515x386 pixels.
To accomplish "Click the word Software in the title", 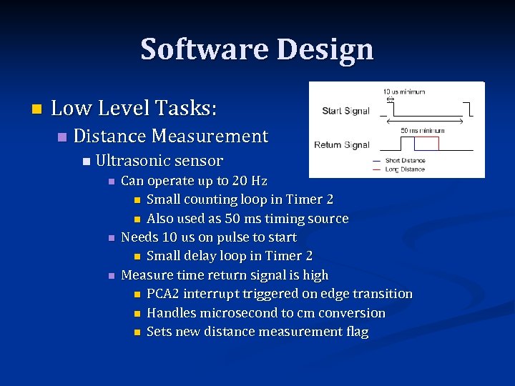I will pyautogui.click(x=204, y=49).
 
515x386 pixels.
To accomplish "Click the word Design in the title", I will pyautogui.click(x=326, y=49).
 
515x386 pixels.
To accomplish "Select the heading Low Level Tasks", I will pyautogui.click(x=134, y=108).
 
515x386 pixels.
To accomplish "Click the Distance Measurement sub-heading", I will pyautogui.click(x=170, y=136).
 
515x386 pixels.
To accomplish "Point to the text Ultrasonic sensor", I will pyautogui.click(x=159, y=161).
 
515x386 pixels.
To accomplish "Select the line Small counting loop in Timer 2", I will pyautogui.click(x=240, y=199).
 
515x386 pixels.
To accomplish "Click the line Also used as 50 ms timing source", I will pyautogui.click(x=247, y=219).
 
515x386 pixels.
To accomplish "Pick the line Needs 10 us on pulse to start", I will pyautogui.click(x=209, y=237).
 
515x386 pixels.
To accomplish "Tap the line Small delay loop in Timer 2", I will pyautogui.click(x=229, y=256).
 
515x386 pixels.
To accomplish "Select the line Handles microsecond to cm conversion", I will pyautogui.click(x=265, y=313).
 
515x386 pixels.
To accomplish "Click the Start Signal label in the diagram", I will pyautogui.click(x=346, y=111).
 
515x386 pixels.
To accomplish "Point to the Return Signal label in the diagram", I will pyautogui.click(x=342, y=145).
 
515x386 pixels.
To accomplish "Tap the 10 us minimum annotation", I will pyautogui.click(x=403, y=91).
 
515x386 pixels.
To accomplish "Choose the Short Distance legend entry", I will pyautogui.click(x=405, y=161).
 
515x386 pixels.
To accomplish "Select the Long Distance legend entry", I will pyautogui.click(x=405, y=169).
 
